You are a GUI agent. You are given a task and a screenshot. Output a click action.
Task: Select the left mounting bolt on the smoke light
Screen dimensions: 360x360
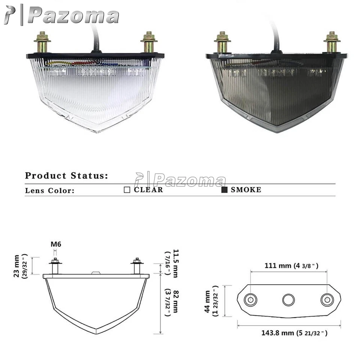pos(222,42)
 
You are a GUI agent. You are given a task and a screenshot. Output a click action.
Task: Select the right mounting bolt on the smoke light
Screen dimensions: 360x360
pos(331,42)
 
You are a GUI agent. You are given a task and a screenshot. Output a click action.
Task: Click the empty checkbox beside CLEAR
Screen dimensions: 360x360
pos(127,190)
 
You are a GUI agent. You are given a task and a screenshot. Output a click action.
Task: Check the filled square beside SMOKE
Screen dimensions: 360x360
pos(224,190)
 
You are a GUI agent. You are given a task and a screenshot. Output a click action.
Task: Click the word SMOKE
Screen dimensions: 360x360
pos(246,190)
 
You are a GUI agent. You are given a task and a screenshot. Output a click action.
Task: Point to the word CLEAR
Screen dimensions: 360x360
pos(148,190)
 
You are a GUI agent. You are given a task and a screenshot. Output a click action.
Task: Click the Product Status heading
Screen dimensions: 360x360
pos(67,175)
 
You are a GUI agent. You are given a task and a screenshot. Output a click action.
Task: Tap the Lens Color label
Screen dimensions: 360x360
pos(50,190)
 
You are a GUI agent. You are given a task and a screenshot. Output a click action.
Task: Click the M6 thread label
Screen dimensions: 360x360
pos(56,244)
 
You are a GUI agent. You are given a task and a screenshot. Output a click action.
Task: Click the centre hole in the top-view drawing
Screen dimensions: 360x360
pos(288,300)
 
